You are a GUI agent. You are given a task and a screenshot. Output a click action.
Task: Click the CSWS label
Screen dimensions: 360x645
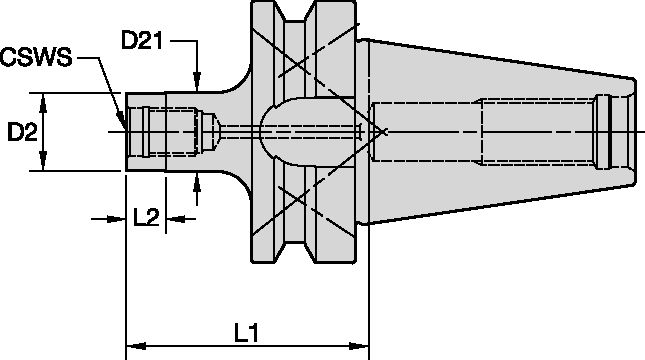pyautogui.click(x=36, y=59)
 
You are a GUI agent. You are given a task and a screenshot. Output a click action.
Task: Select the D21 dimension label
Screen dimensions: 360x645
pyautogui.click(x=143, y=42)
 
